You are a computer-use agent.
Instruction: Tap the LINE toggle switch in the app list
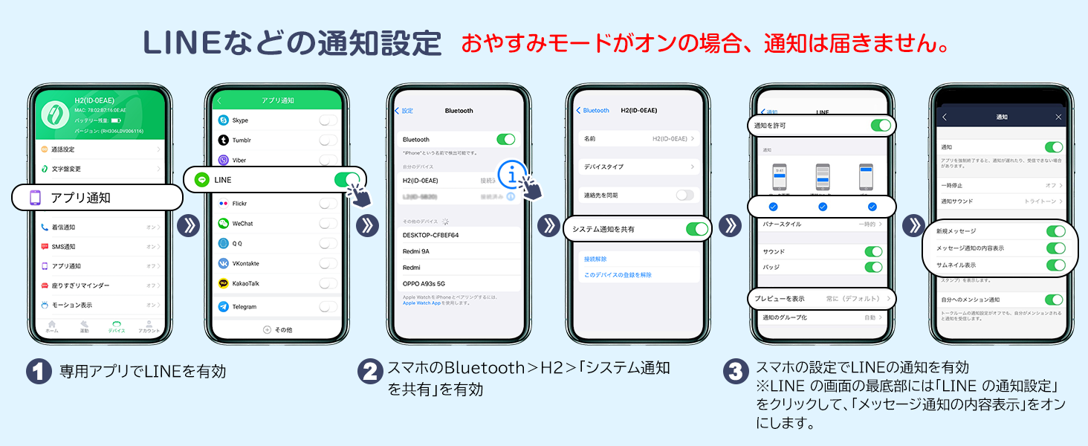coord(346,180)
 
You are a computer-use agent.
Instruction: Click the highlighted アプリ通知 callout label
coord(97,198)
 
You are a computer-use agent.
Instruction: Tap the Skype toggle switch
coord(327,120)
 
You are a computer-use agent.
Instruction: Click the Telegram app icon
coord(223,306)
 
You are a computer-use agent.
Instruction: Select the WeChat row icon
coord(223,223)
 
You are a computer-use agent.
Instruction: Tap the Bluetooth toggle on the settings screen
coord(505,139)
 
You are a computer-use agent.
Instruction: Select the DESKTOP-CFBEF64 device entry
coord(431,235)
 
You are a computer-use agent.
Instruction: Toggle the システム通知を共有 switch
coord(696,229)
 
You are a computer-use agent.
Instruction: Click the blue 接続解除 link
coord(595,259)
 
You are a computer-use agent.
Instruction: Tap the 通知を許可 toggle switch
coord(880,126)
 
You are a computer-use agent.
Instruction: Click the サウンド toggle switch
coord(873,251)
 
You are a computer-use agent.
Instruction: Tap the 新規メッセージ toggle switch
coord(1055,231)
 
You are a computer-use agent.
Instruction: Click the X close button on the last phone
coord(1059,117)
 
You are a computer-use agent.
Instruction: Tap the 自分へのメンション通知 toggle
coord(1054,300)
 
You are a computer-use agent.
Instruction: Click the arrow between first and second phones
coord(189,226)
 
